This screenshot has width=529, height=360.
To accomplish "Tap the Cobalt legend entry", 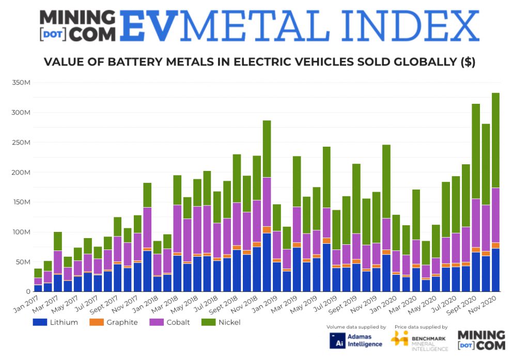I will (x=173, y=322).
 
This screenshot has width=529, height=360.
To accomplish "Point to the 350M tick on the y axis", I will (x=21, y=83).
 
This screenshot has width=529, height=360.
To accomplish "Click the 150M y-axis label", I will (x=21, y=202).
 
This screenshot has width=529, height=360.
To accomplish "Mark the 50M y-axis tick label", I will (x=22, y=262).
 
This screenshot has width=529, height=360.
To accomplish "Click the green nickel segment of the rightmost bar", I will (x=495, y=139).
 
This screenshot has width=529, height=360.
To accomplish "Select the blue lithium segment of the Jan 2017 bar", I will (x=38, y=288).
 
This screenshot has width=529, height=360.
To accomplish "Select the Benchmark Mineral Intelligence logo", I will (x=418, y=340).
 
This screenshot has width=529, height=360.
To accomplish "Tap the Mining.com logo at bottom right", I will (x=481, y=340).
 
